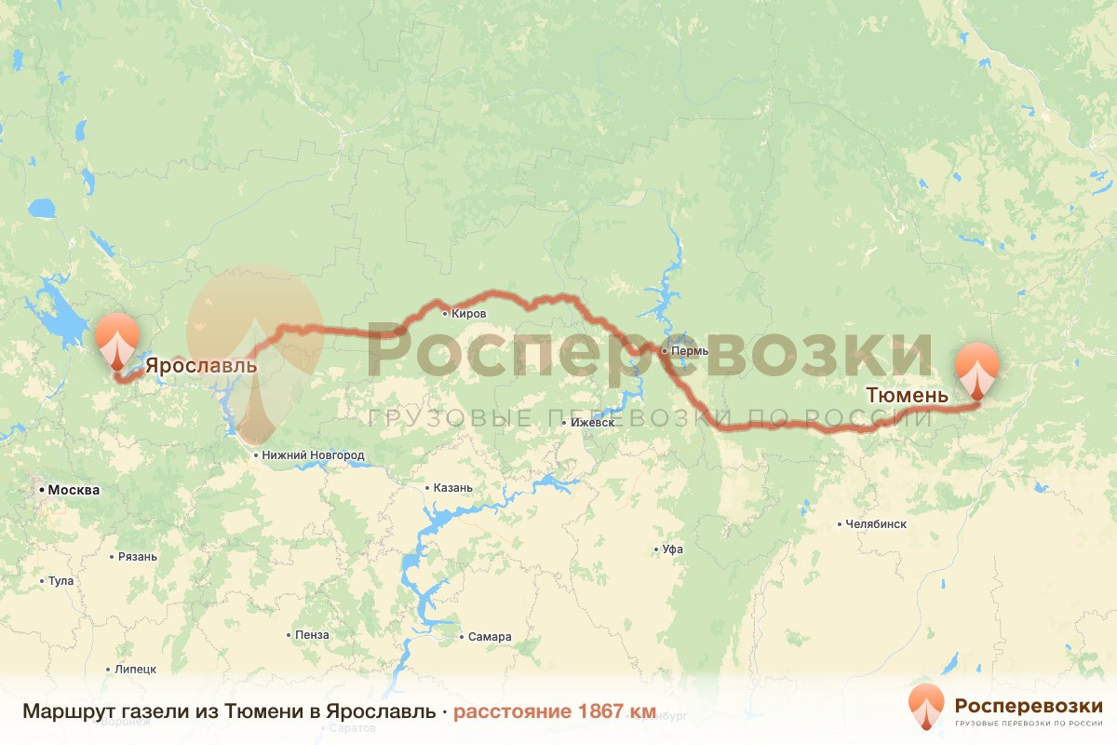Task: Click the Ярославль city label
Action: [x=200, y=365]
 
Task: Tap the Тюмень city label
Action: [x=907, y=395]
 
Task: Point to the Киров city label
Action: [x=468, y=314]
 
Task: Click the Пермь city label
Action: [x=690, y=351]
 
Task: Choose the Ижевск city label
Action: [x=593, y=422]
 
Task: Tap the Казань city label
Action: [x=453, y=488]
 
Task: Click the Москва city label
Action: [x=74, y=490]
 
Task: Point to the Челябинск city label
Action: [x=876, y=524]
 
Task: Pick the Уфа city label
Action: [x=673, y=549]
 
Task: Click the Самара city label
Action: [x=490, y=638]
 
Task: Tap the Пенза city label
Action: [x=312, y=635]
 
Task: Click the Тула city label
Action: [x=61, y=581]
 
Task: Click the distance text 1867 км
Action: [x=616, y=712]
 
